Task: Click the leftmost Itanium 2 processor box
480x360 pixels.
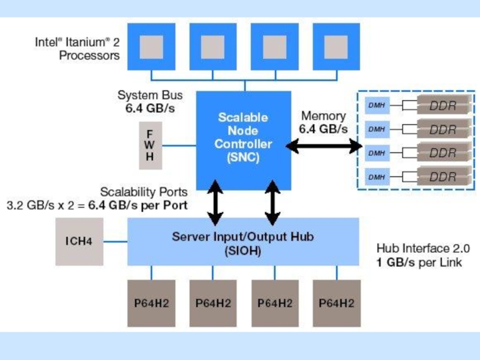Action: (x=152, y=46)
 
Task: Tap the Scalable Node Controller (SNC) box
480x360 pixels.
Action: (x=244, y=138)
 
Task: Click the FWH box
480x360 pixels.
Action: (x=150, y=144)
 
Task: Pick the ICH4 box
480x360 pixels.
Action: (x=79, y=241)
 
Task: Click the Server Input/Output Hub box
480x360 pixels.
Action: (x=243, y=242)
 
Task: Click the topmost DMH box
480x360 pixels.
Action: (x=377, y=106)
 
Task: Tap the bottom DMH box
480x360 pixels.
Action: (x=377, y=177)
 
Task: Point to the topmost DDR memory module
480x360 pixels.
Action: (x=442, y=106)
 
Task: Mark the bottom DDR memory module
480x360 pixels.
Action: (x=442, y=177)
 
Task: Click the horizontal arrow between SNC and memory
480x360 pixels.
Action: (x=324, y=145)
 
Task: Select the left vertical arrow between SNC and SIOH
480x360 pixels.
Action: (x=215, y=202)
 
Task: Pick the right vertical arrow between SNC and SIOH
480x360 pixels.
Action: (x=273, y=202)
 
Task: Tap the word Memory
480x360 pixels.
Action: (x=323, y=116)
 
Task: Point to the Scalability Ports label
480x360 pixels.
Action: (x=143, y=193)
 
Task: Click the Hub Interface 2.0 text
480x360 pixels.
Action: (x=422, y=247)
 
